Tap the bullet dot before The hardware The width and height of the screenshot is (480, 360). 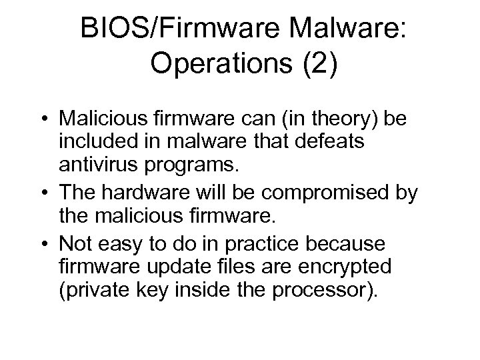(x=62, y=194)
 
